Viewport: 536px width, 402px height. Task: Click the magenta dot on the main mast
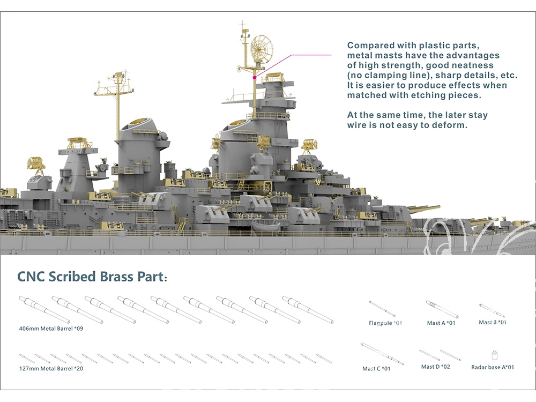tap(254, 77)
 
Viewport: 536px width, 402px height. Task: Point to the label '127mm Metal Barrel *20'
tap(50, 368)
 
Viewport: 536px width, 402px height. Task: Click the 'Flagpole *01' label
tap(385, 323)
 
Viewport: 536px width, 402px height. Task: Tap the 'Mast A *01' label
tap(441, 323)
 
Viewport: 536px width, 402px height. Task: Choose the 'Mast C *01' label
tap(376, 369)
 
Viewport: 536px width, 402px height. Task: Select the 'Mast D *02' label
tap(435, 367)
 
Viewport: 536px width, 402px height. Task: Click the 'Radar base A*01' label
tap(493, 367)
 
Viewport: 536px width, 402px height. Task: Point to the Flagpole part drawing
tap(382, 308)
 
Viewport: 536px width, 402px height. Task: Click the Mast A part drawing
tap(442, 309)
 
